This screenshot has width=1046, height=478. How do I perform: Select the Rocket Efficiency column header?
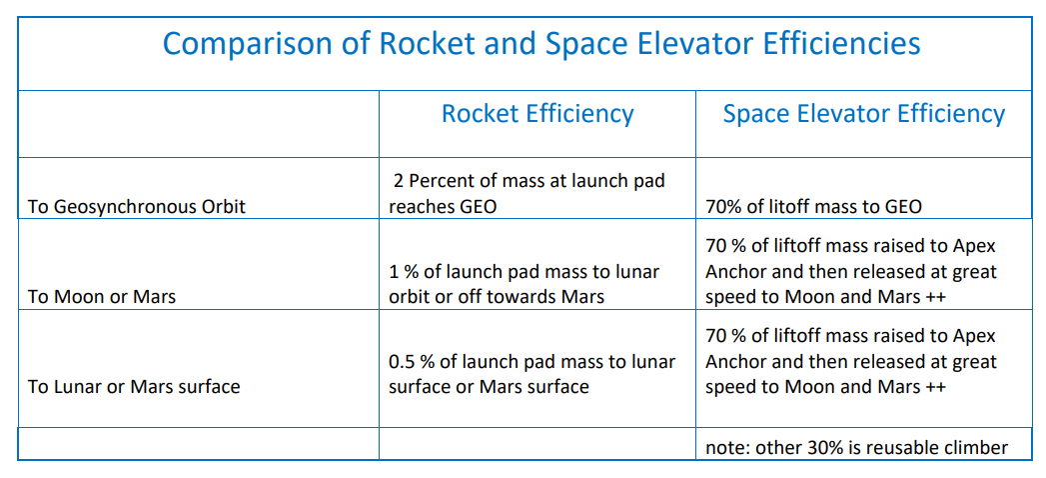tap(537, 113)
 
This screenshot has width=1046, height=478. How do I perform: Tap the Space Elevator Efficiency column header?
tap(864, 113)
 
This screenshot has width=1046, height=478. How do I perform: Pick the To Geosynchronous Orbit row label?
tap(136, 207)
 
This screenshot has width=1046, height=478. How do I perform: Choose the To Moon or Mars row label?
tap(101, 296)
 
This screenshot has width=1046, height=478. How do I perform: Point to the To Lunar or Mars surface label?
tap(134, 387)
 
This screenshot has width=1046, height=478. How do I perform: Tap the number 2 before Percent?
tap(398, 181)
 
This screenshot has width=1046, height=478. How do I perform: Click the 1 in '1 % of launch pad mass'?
tap(394, 272)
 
